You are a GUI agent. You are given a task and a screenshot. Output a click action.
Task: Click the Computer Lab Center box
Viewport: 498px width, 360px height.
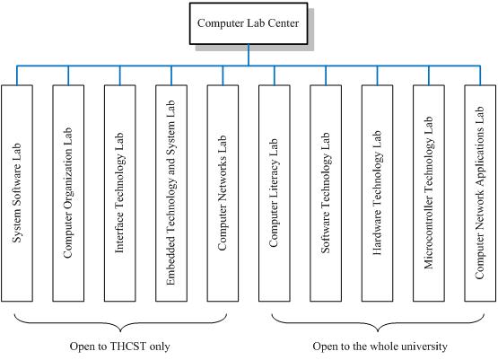coord(249,23)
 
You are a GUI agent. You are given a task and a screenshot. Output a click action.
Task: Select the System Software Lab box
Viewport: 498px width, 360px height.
coord(17,193)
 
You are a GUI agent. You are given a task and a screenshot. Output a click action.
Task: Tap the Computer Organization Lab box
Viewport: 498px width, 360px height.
coord(68,193)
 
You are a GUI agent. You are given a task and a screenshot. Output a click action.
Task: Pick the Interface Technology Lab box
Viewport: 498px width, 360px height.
coord(119,193)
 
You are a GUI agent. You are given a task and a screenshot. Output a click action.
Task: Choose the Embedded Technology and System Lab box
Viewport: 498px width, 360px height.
coord(171,193)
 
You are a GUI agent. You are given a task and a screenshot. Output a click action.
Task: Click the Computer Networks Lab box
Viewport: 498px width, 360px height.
coord(223,193)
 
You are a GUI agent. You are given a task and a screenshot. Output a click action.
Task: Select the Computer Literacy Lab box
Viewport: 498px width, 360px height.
coord(274,193)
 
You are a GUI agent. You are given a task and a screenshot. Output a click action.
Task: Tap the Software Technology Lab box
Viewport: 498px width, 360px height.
coord(326,193)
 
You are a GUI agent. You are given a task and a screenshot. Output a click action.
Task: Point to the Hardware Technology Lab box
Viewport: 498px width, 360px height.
coord(377,193)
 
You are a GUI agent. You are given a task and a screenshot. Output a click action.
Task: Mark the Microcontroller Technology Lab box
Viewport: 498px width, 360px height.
coord(428,193)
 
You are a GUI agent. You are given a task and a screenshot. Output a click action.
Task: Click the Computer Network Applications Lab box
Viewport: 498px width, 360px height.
coord(480,193)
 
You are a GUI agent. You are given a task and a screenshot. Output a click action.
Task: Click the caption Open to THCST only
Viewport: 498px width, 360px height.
coord(119,347)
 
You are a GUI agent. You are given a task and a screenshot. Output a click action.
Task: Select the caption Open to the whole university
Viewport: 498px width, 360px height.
coord(380,347)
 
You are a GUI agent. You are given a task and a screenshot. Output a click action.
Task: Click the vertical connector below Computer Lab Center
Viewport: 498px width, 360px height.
coord(249,55)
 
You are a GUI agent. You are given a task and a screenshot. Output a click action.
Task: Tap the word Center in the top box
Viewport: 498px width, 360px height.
coord(283,23)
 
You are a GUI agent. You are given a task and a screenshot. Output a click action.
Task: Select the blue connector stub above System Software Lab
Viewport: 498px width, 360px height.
coord(17,75)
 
